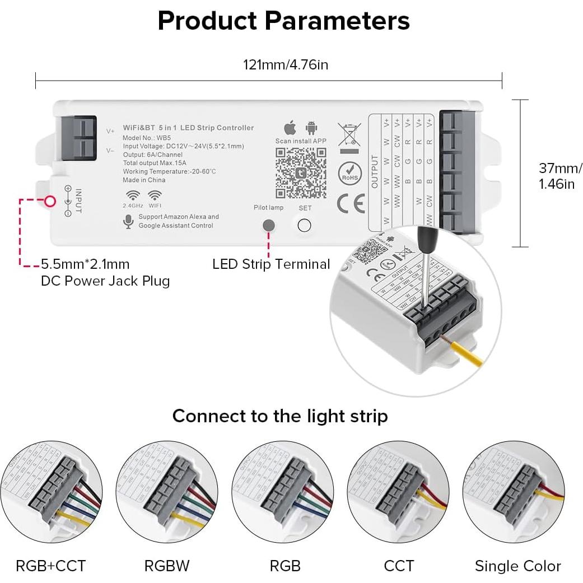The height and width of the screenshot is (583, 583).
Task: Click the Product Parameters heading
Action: (x=283, y=21)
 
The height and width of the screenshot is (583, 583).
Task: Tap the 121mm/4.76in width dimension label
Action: (x=285, y=65)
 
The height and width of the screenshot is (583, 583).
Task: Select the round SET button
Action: (x=304, y=225)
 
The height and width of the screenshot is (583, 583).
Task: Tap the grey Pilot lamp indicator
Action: (x=269, y=225)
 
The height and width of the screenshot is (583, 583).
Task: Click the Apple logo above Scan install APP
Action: (x=290, y=127)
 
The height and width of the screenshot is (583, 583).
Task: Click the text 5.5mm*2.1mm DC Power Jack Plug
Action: (x=105, y=272)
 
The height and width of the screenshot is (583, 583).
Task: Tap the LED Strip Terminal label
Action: (x=271, y=264)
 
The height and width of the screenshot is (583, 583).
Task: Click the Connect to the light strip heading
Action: (x=279, y=416)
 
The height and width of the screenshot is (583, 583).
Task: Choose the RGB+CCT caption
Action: (x=51, y=566)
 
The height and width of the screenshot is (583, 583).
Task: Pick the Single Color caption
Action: (x=517, y=566)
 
